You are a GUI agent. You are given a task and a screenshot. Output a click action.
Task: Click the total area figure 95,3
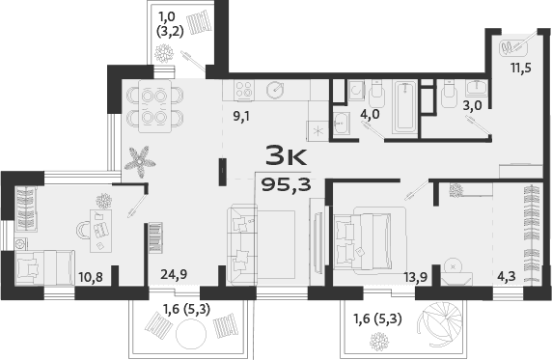coord(287,184)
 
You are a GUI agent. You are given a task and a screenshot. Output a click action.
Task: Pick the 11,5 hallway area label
coord(522,69)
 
